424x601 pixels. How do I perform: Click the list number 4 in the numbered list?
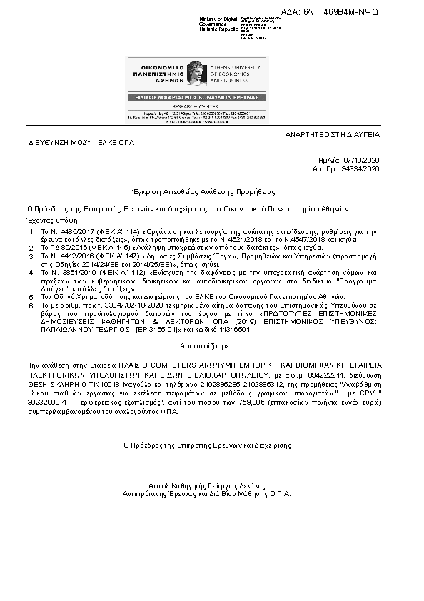tap(32, 273)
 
